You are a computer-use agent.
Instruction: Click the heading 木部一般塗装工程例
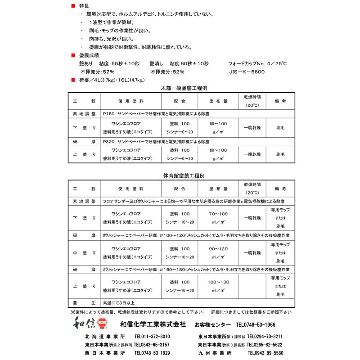180,88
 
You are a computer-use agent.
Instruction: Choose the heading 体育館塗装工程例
180,175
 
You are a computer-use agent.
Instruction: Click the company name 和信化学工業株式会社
153,324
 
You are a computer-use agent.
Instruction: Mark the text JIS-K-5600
247,72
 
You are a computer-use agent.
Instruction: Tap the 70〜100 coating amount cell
218,214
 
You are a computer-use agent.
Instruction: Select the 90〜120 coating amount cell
218,249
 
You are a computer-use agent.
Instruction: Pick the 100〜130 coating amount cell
218,282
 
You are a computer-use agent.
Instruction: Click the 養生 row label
84,303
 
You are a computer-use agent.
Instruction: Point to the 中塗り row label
84,253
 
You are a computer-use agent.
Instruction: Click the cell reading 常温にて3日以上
119,303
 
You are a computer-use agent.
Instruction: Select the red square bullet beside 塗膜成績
74,55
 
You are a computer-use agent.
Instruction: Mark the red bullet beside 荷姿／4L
74,80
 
